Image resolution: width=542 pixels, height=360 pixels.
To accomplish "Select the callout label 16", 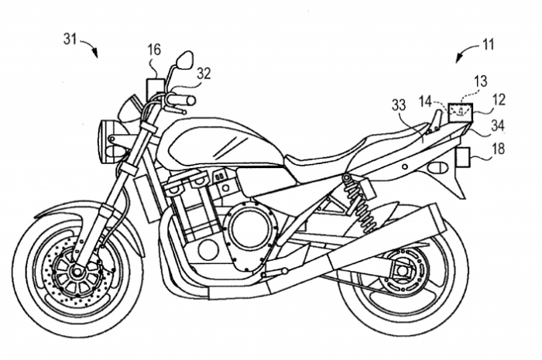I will coord(154,50).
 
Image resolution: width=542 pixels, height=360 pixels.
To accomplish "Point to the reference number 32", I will coord(204,73).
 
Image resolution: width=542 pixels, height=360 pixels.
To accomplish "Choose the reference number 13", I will coord(481,81).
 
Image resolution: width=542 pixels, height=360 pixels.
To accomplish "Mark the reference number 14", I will coord(426,100).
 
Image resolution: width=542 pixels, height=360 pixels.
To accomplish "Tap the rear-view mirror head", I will coord(185,59).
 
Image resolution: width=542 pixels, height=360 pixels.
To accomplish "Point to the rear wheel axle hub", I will coord(400,273).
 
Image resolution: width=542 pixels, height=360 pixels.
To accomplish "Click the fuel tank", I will coord(217,143).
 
